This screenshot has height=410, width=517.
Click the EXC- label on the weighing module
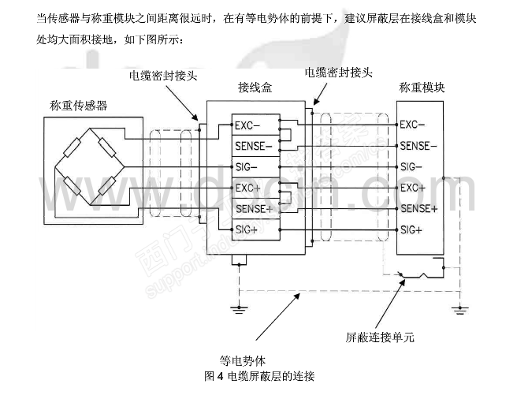coord(413,125)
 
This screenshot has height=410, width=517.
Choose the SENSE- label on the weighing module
coord(418,146)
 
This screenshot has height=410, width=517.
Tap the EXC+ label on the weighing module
coord(413,188)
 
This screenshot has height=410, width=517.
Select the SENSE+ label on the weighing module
coord(418,209)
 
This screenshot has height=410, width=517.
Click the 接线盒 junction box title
coord(255,89)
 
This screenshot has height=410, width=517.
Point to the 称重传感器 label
coord(79,106)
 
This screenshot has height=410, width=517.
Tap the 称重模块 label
coord(422,88)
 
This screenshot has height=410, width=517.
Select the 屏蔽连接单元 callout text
coord(380,337)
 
